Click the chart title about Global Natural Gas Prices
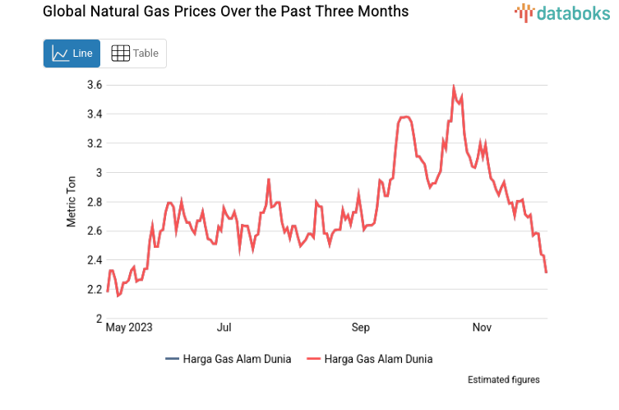[x=214, y=12]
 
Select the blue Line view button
[x=72, y=54]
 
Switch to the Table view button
[x=135, y=54]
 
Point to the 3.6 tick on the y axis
[x=94, y=85]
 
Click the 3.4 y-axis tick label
[x=94, y=114]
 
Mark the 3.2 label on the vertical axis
[x=94, y=143]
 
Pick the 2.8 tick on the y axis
[x=94, y=202]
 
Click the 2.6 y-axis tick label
[x=94, y=231]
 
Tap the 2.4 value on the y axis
[x=94, y=260]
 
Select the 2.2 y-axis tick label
[x=94, y=290]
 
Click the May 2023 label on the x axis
[x=130, y=328]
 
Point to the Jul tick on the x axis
[x=224, y=328]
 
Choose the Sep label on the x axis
[x=360, y=328]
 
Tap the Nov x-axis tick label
[x=482, y=328]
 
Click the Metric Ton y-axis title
[x=72, y=202]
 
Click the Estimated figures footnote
[x=503, y=380]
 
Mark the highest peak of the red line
[x=454, y=86]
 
